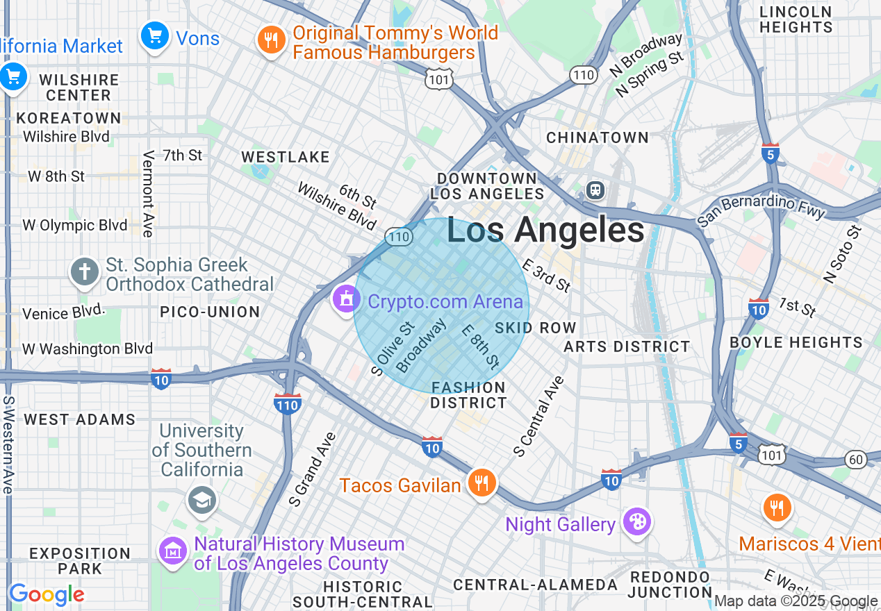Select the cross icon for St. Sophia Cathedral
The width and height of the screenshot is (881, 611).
pos(85,271)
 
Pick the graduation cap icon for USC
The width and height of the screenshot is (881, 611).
pos(201,500)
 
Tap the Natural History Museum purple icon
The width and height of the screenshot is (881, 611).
pos(174,551)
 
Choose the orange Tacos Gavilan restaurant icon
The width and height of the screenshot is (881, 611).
pos(481,483)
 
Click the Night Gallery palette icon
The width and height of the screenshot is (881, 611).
pos(636,521)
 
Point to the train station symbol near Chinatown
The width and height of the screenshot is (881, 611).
pos(595,190)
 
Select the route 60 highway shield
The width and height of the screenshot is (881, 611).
pos(857,459)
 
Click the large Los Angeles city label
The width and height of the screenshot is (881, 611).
pos(545,231)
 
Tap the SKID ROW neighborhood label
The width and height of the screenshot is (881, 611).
pos(536,328)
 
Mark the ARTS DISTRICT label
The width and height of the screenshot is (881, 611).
pos(627,346)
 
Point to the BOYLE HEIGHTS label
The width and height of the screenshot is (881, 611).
pos(796,342)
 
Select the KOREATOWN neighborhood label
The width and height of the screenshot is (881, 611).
pos(69,118)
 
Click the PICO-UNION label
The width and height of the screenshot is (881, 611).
pos(210,312)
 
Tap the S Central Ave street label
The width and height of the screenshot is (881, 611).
pos(539,417)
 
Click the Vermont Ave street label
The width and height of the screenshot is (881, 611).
pos(148,194)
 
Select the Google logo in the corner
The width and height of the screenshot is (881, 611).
pos(47,595)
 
